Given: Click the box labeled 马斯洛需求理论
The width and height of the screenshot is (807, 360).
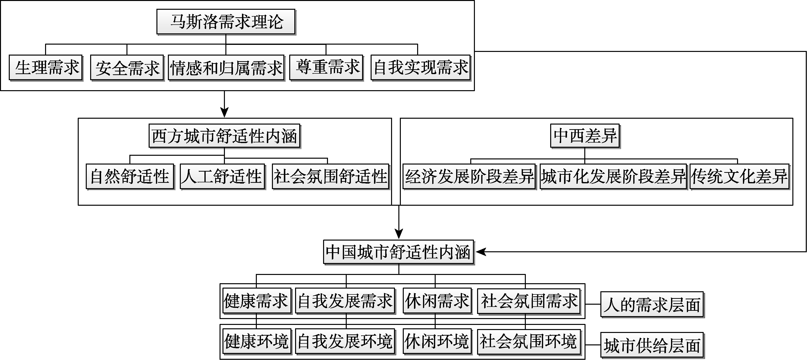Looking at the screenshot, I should coord(226,22).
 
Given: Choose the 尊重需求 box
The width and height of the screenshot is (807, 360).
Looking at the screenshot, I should coord(326,67).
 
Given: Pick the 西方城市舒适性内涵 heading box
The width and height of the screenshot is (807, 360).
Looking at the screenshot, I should coord(224,136).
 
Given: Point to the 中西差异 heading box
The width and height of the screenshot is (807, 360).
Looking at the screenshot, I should coord(585,136).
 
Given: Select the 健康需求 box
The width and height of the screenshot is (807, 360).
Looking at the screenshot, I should coord(257,301).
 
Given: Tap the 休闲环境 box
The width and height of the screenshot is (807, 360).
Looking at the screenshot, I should coord(437,341).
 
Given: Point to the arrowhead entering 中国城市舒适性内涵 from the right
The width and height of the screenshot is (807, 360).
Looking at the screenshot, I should coord(480,252).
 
